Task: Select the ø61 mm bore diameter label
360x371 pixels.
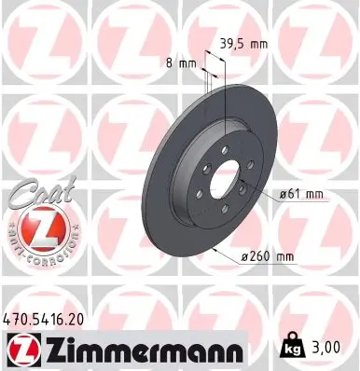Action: tap(301, 194)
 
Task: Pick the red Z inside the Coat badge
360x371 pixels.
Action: tap(31, 227)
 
